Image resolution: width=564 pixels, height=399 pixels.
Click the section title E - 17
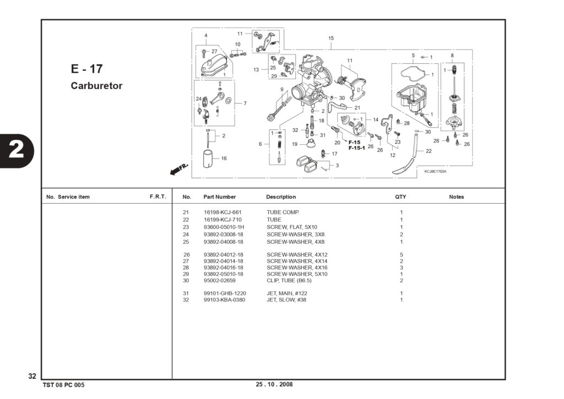point(86,69)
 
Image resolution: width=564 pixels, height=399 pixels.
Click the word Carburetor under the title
point(96,85)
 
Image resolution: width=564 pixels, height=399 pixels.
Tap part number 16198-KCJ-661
point(223,212)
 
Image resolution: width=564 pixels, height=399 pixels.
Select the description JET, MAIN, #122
point(286,293)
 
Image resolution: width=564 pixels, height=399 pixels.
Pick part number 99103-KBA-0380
point(225,300)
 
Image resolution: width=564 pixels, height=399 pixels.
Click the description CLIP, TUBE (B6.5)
point(289,280)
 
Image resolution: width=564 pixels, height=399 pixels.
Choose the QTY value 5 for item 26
point(402,255)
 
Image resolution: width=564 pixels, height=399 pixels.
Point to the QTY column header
point(400,197)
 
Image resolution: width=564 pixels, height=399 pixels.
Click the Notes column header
point(457,197)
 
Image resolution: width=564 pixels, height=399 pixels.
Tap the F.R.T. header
point(158,196)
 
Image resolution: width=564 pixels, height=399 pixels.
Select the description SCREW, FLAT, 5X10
point(292,227)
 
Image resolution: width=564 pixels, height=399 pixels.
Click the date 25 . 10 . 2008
point(274,384)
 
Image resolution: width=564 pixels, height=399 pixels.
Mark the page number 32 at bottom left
point(32,376)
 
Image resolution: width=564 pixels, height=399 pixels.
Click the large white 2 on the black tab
point(16,150)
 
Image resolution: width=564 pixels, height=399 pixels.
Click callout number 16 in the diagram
point(224,158)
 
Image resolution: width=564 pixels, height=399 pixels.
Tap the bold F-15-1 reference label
point(357,147)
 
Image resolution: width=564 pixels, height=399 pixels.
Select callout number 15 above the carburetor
point(331,38)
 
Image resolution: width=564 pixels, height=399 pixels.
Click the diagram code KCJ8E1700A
point(435,172)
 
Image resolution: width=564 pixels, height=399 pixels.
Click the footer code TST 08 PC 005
point(64,385)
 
